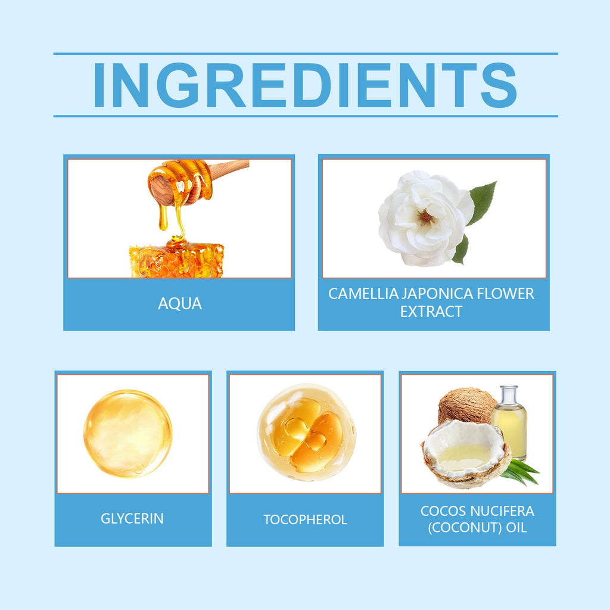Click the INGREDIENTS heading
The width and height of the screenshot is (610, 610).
305,85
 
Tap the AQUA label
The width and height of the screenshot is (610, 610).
180,304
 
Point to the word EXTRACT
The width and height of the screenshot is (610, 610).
431,311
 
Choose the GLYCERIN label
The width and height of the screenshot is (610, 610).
132,518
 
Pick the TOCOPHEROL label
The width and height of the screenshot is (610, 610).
305,519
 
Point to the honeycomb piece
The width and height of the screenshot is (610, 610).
176,260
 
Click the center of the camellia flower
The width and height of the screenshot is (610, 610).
425,217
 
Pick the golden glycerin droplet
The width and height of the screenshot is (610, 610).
127,433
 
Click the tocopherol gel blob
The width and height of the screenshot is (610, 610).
306,432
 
